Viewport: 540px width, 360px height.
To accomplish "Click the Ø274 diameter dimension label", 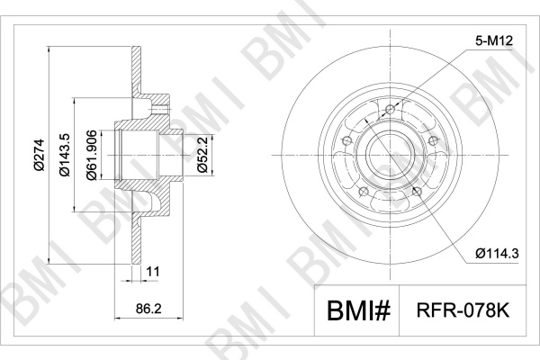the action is pos(40,155).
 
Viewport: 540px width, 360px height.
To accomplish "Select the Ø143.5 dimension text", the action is pos(65,155).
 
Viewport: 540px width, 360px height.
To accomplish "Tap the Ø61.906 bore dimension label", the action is pos(91,155).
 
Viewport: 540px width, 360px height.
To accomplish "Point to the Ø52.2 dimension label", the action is pos(202,154).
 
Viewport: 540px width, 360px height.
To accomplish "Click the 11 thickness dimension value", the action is pos(153,272).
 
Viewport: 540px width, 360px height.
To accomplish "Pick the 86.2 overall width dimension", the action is pos(148,309).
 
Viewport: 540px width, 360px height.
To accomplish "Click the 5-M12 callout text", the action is pos(494,41).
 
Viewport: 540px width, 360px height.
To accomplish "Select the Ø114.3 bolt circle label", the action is pos(497,254).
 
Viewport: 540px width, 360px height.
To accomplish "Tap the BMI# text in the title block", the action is pos(358,310).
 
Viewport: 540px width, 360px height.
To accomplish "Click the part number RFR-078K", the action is pos(463,310).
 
